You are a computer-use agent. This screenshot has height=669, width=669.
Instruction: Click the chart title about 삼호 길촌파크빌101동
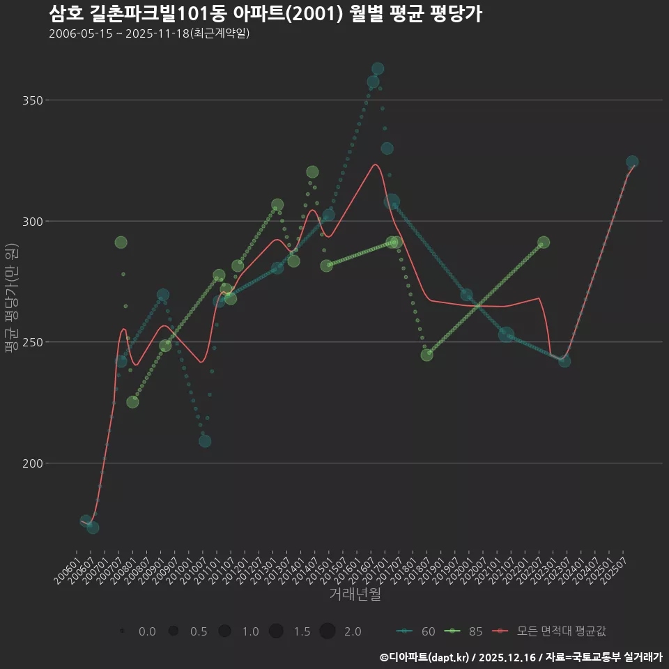point(266,14)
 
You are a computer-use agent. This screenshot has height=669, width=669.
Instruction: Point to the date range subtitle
point(149,33)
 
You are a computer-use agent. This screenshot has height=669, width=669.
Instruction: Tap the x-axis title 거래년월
point(355,594)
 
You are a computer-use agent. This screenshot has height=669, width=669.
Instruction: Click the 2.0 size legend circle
point(328,631)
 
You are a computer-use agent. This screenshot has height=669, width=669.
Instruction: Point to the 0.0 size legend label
point(147,631)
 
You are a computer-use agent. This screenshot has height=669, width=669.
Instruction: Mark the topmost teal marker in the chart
point(378,68)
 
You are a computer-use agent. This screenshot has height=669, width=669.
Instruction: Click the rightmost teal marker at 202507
point(632,162)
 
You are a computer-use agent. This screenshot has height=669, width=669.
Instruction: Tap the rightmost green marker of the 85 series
point(544,243)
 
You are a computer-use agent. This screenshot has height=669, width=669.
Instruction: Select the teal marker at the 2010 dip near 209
point(205,441)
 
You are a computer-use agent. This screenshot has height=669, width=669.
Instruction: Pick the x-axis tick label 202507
point(616,569)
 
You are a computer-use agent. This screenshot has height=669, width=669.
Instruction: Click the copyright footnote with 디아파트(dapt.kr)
point(521,657)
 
